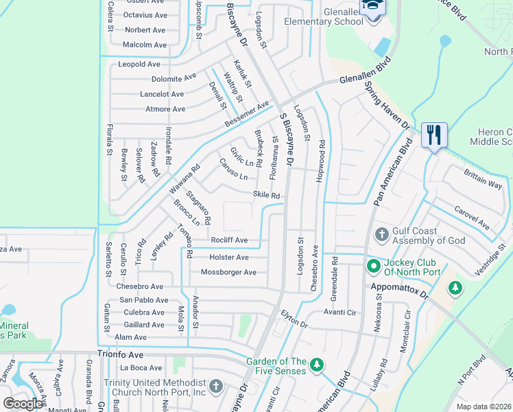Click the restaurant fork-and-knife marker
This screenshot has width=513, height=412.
pos(433,135)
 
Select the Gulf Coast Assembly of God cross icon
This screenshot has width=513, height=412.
pos(382,236)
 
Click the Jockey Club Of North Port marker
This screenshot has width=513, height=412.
pos(373,265)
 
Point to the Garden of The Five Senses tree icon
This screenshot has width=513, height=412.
pos(316,363)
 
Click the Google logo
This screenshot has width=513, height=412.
pos(23,403)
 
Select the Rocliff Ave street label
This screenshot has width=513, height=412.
pos(229,240)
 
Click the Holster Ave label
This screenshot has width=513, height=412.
pos(229,257)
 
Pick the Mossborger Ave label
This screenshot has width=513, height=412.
pos(228,273)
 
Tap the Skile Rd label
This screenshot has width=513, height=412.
pos(266,196)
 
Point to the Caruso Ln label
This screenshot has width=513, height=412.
pos(232,170)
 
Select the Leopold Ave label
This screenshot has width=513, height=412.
pos(139,65)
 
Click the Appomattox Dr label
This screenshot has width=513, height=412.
pos(398,289)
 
